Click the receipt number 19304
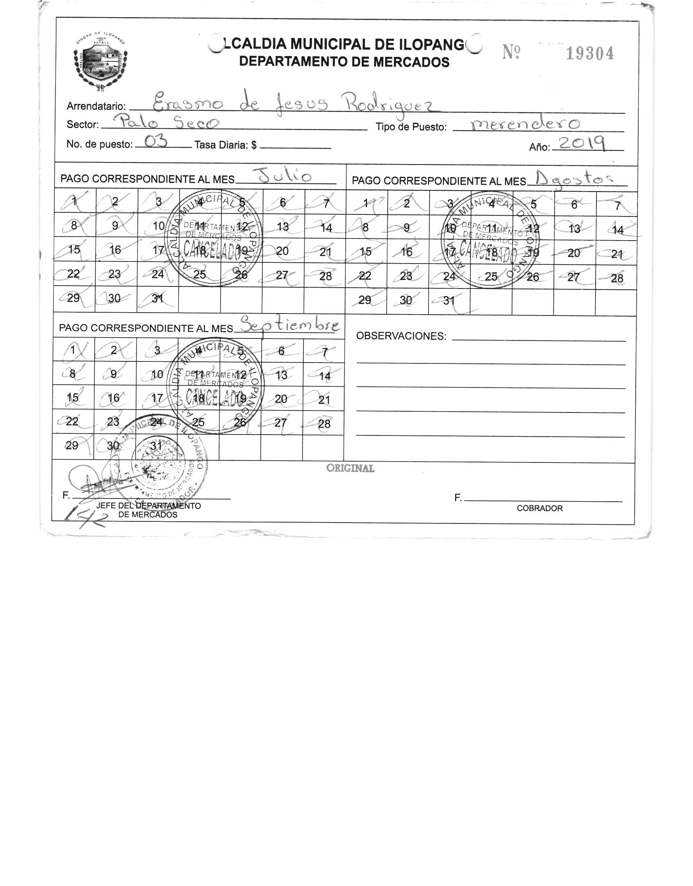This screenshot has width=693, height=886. [589, 54]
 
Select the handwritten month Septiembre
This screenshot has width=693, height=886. [289, 325]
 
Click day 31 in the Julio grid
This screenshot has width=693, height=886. [157, 299]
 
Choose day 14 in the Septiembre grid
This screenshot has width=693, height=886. [324, 376]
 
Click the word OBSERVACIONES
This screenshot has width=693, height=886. [401, 336]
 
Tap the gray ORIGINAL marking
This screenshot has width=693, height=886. [350, 468]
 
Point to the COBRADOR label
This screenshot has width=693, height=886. [540, 508]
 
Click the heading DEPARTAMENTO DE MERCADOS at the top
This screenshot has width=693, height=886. [344, 62]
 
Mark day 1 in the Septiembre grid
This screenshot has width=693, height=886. [73, 350]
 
